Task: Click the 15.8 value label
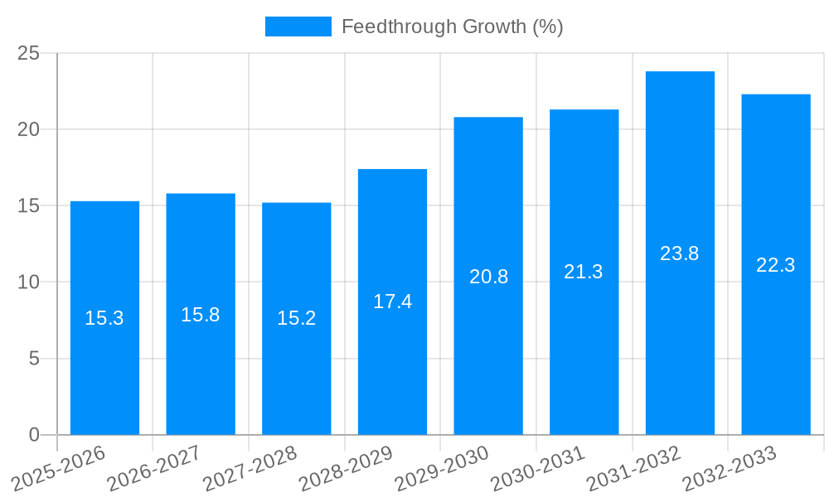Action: [201, 315]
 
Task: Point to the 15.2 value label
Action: [297, 318]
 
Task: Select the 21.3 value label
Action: [584, 272]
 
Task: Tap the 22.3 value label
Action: [776, 265]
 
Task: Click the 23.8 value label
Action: [680, 253]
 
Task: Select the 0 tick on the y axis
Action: [34, 435]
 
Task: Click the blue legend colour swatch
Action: [298, 27]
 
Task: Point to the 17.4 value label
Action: [392, 302]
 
